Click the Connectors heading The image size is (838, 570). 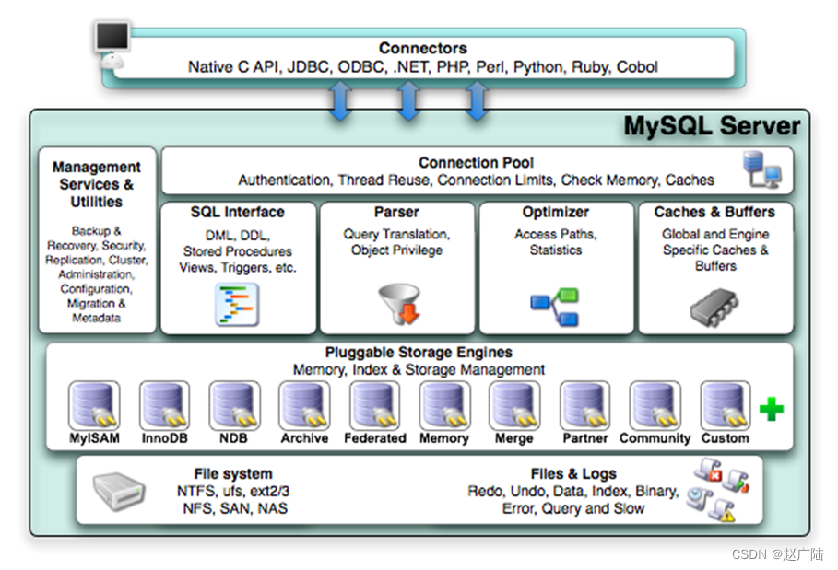(x=423, y=48)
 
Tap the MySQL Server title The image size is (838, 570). (x=712, y=126)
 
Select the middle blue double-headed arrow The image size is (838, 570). (x=408, y=100)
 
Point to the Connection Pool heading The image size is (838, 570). (x=476, y=162)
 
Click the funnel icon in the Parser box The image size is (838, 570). (x=400, y=304)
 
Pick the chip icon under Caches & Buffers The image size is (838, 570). (x=714, y=307)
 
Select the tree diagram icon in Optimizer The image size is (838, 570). (x=555, y=307)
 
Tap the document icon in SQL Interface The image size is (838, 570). (x=237, y=304)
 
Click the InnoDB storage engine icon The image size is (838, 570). (x=165, y=405)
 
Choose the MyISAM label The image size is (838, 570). (x=95, y=438)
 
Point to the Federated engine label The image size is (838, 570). (x=375, y=438)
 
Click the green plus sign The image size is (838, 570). (x=772, y=409)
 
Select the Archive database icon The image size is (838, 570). (x=304, y=405)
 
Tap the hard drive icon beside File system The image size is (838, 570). (x=119, y=490)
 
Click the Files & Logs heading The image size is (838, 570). (x=573, y=474)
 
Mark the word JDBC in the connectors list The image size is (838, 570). (x=308, y=67)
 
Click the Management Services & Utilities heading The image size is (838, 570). (x=97, y=184)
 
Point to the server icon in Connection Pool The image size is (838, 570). (x=762, y=169)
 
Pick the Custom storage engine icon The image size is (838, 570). (x=726, y=405)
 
